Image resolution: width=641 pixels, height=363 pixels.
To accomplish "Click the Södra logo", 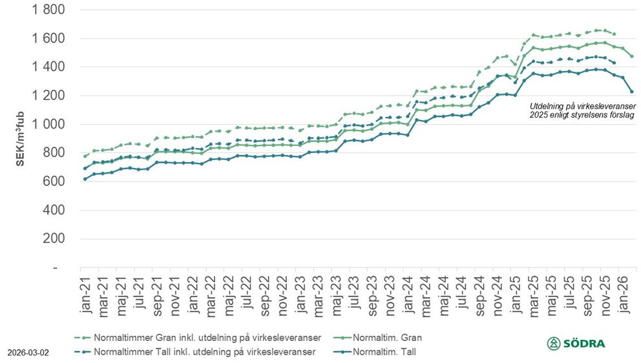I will (576, 344).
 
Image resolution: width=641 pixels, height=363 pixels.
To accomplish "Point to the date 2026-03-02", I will (28, 353).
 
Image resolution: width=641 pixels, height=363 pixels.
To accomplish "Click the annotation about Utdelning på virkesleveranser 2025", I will (582, 110).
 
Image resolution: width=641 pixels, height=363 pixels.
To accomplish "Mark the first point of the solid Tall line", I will (85, 179).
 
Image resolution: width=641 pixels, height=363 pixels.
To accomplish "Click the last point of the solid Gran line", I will (631, 56).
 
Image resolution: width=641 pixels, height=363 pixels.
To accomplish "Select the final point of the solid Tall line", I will (631, 92).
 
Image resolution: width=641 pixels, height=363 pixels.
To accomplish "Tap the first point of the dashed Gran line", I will (85, 156).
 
